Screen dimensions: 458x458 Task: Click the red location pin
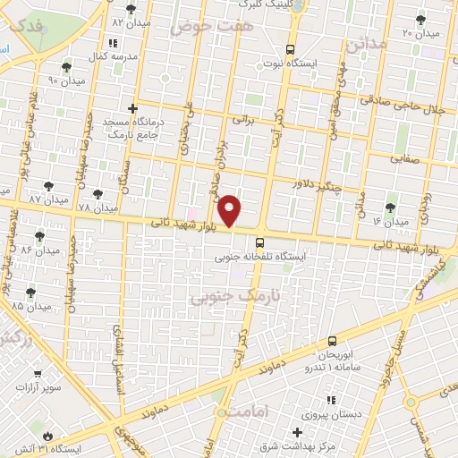[231, 209]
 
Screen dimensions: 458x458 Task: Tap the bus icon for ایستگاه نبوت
[289, 50]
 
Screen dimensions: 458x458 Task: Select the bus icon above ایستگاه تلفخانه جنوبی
[259, 242]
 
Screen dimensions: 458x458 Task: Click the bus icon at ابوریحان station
[333, 341]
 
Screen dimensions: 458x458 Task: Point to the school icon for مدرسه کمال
[112, 42]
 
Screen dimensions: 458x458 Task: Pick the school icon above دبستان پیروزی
[330, 399]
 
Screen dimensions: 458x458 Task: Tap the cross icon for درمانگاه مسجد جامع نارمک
[133, 107]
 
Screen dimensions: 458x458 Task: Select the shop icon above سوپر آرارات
[37, 377]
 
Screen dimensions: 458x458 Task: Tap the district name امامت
[248, 412]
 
